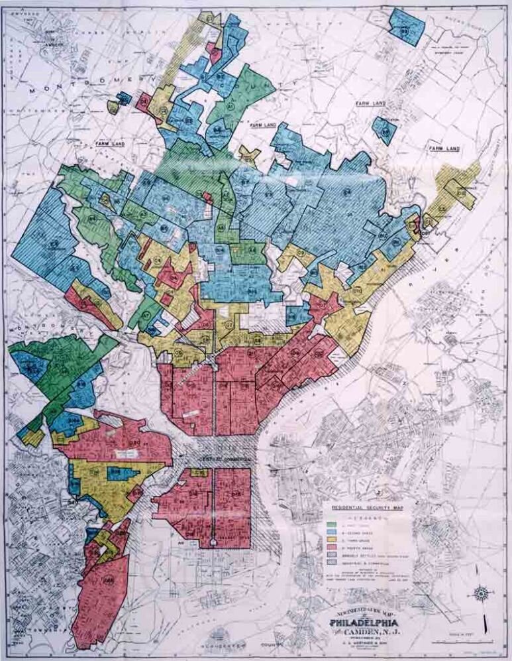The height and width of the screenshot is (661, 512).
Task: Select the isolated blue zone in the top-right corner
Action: pyautogui.click(x=405, y=26)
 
